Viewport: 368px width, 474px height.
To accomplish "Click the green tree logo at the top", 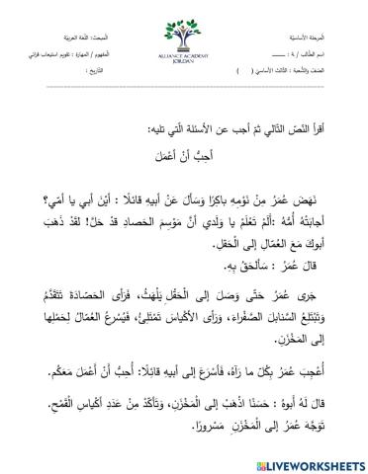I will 183,27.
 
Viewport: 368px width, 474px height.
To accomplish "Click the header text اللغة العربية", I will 51,9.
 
